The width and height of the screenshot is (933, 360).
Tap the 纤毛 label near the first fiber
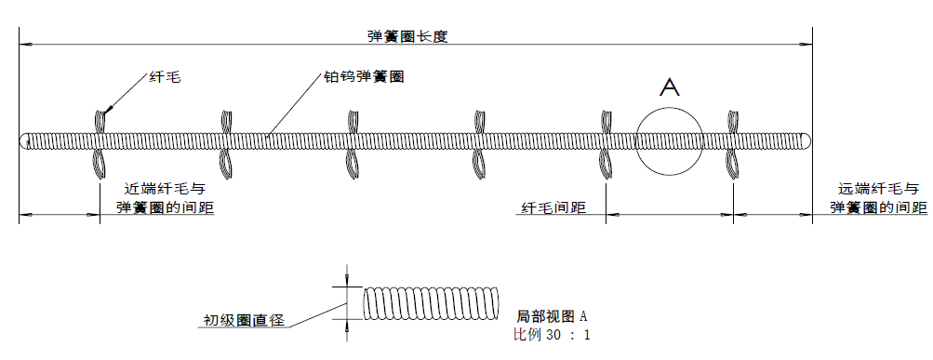click(165, 79)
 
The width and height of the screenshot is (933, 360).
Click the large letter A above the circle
click(670, 87)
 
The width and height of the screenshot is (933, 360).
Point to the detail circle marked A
click(669, 140)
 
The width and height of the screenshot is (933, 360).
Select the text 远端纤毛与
click(877, 187)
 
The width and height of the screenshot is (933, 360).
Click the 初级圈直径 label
click(244, 321)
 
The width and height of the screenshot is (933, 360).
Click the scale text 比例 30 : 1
click(552, 334)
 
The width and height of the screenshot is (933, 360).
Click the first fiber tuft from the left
click(99, 141)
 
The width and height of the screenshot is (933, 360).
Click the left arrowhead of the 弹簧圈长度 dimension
click(25, 44)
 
